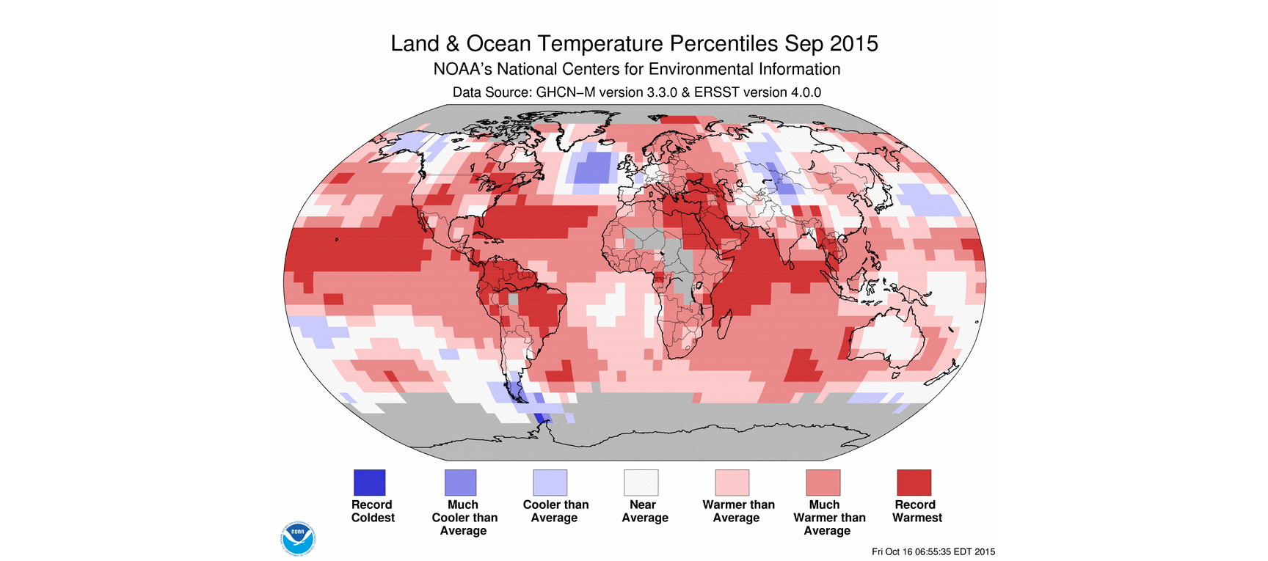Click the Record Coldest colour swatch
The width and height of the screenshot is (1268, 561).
[x=369, y=483]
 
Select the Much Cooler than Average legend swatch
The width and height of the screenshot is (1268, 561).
[x=460, y=483]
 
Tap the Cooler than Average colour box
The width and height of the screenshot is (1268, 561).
[x=550, y=483]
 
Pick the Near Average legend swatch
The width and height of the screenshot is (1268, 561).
[x=641, y=483]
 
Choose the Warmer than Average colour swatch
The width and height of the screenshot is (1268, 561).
[x=732, y=483]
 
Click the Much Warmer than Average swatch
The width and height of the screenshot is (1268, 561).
[x=823, y=483]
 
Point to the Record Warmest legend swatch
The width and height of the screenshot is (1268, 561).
[x=914, y=483]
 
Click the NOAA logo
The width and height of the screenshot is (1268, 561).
[x=298, y=538]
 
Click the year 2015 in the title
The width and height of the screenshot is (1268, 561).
[x=853, y=44]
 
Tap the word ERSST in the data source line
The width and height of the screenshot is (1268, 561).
[x=717, y=92]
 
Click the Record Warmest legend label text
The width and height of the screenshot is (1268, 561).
[x=917, y=511]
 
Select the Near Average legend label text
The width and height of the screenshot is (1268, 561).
[x=644, y=511]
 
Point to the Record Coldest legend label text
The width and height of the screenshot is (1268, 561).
[x=373, y=511]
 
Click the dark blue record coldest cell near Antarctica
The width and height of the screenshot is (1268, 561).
[x=542, y=418]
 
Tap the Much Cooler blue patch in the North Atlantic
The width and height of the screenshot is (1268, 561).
[x=594, y=168]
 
